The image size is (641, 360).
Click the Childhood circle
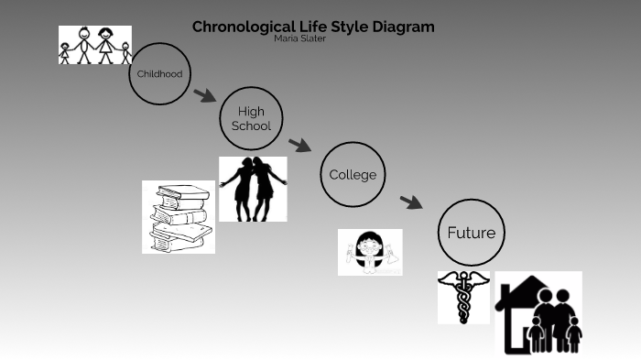pyautogui.click(x=159, y=74)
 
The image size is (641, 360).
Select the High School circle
pyautogui.click(x=251, y=119)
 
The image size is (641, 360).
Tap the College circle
pyautogui.click(x=353, y=175)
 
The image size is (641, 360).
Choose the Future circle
pyautogui.click(x=471, y=233)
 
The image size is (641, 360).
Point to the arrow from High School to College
pyautogui.click(x=299, y=145)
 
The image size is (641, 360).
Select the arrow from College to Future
pyautogui.click(x=411, y=202)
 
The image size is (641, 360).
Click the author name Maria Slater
pyautogui.click(x=299, y=38)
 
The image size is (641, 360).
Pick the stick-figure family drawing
pyautogui.click(x=95, y=45)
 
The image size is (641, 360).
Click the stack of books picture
pyautogui.click(x=179, y=217)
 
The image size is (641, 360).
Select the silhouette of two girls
pyautogui.click(x=253, y=189)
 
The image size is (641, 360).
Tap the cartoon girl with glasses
pyautogui.click(x=370, y=252)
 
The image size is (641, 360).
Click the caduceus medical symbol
pyautogui.click(x=463, y=297)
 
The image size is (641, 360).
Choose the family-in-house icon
pyautogui.click(x=538, y=313)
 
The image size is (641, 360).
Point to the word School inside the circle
pyautogui.click(x=251, y=126)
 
